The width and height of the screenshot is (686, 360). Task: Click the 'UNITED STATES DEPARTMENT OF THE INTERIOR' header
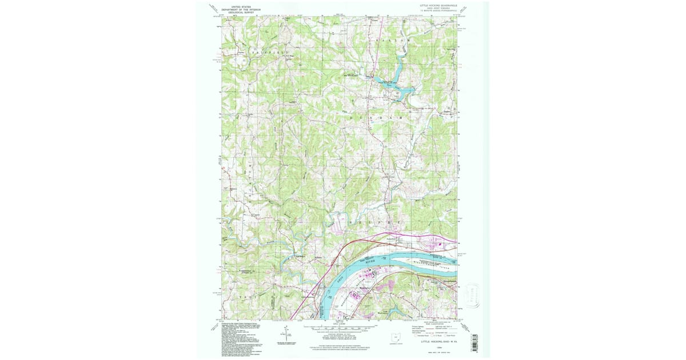(x=241, y=9)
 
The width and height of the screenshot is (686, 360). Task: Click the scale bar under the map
(x=342, y=329)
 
